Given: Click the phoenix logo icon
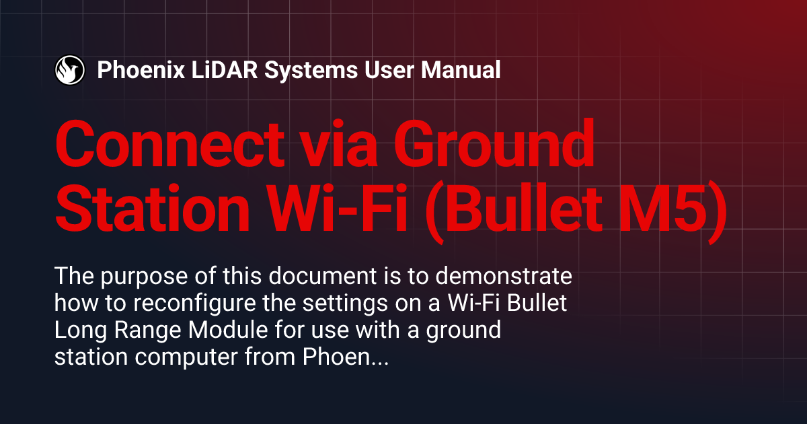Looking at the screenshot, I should [69, 69].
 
